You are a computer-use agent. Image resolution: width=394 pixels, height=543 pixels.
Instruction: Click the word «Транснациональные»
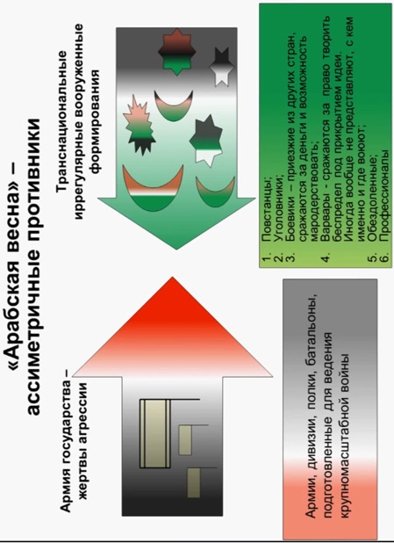tap(62, 122)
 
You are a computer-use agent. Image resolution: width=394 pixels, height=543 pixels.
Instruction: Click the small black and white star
tap(220, 67)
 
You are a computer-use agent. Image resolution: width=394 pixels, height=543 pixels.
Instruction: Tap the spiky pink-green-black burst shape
tap(140, 125)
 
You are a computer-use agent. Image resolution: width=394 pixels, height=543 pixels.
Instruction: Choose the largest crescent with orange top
tap(153, 188)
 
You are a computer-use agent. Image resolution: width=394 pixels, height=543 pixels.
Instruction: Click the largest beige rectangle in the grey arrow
tap(155, 433)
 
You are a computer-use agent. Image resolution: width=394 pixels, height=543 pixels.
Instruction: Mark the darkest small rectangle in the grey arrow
tap(194, 482)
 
